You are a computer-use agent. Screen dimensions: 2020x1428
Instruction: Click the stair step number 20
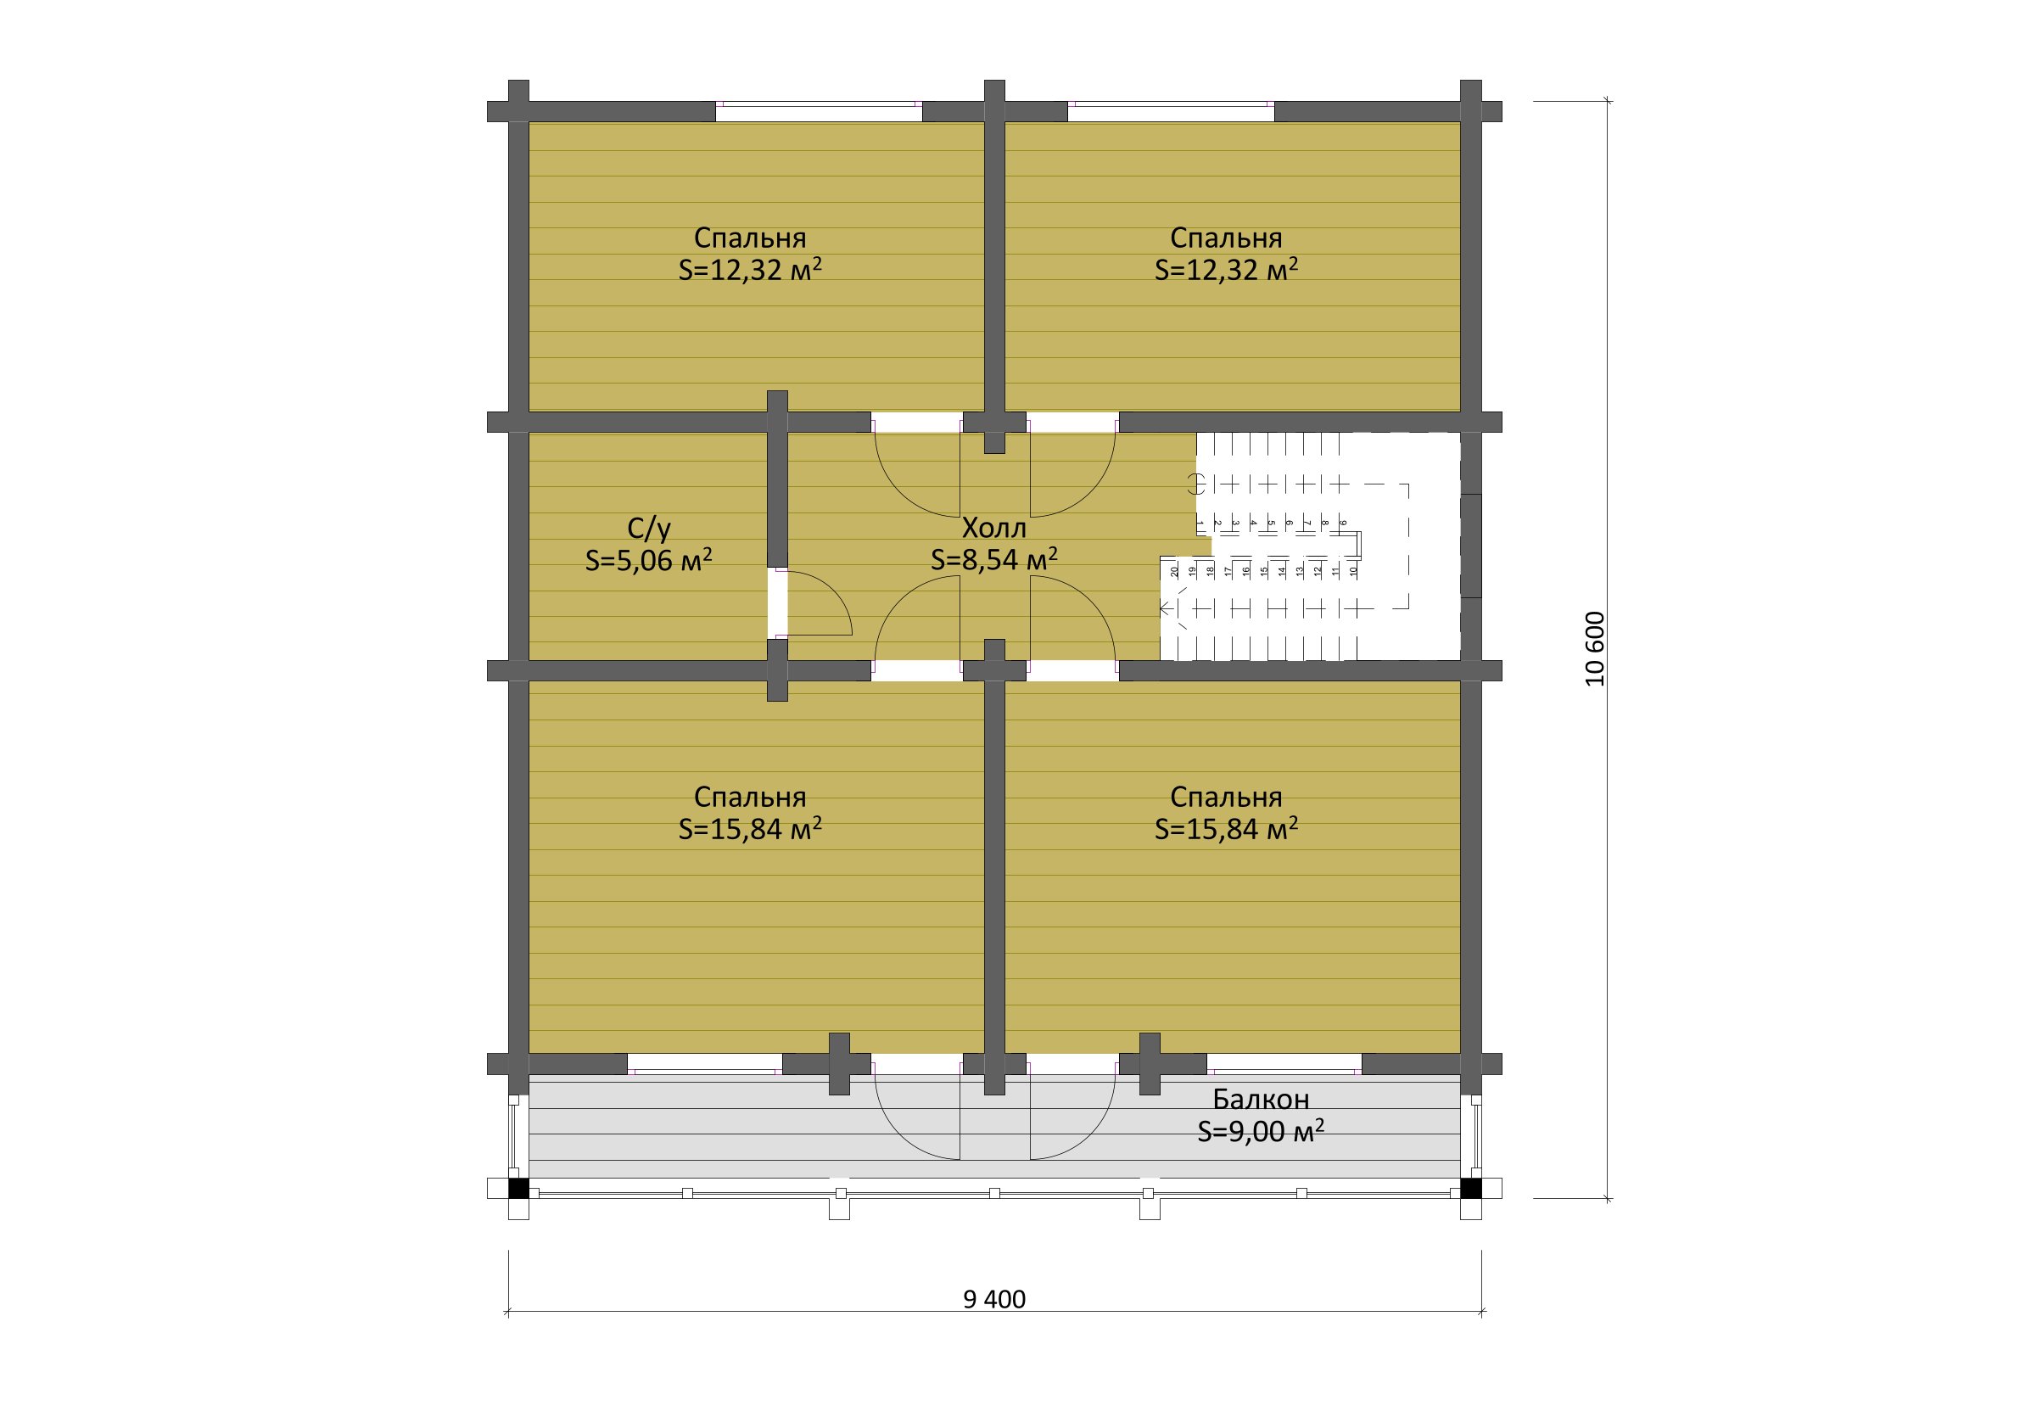(1174, 571)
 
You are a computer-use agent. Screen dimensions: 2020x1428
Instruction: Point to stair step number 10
(1354, 571)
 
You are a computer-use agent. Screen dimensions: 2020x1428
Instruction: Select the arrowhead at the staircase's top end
(1166, 608)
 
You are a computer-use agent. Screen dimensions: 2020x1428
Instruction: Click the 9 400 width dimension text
(994, 1300)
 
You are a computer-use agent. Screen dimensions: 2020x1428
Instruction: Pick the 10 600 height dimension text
(1595, 649)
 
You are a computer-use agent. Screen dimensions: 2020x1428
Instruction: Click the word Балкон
(1261, 1099)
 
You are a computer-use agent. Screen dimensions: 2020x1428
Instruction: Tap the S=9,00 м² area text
(1261, 1132)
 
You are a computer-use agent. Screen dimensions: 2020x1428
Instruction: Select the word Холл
(994, 528)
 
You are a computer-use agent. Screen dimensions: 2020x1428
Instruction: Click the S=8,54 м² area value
(994, 560)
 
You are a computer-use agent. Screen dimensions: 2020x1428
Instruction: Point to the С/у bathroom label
(649, 528)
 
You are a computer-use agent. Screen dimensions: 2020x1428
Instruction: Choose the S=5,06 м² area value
(649, 560)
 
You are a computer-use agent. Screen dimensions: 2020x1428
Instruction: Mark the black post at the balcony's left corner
(519, 1189)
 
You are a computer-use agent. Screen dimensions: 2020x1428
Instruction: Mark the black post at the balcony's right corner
(1471, 1189)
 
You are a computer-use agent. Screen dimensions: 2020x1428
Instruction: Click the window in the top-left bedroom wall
(818, 112)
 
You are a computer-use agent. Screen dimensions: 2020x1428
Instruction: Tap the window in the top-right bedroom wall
(1171, 112)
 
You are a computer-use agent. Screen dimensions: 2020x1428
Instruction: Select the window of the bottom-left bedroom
(705, 1065)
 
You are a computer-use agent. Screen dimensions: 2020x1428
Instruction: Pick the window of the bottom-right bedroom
(1284, 1065)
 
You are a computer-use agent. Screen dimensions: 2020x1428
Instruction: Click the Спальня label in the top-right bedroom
(1226, 238)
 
